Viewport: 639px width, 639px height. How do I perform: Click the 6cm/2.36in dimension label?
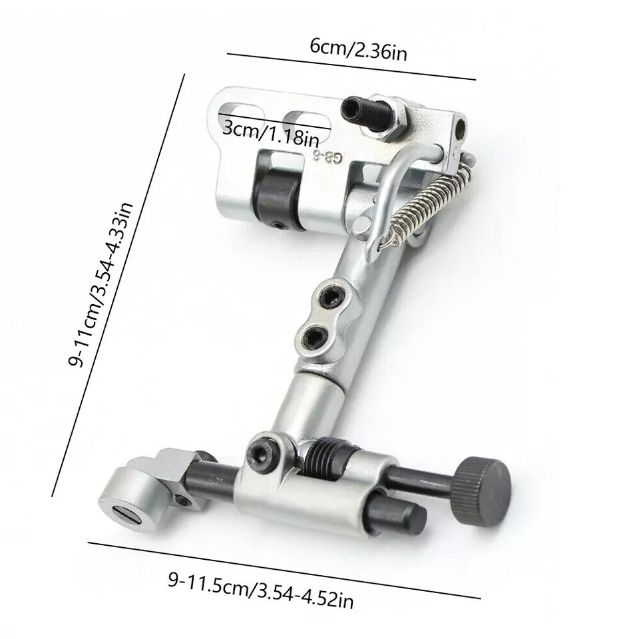359,49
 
